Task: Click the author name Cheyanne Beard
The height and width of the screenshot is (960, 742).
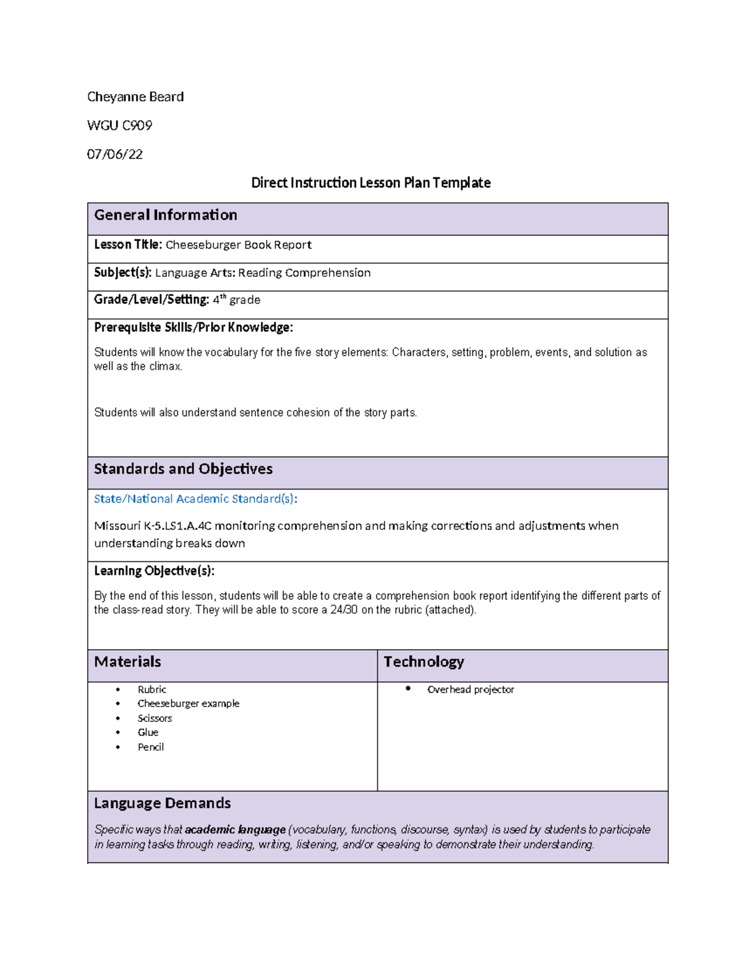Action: point(135,97)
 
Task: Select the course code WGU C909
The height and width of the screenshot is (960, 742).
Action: point(119,125)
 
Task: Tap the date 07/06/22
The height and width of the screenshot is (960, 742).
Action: point(114,155)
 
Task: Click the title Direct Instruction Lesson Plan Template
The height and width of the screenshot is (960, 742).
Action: point(370,183)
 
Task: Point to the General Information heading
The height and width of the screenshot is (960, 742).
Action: point(165,215)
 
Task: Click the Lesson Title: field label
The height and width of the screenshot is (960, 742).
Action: point(127,245)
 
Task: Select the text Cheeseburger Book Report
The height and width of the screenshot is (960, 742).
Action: point(238,245)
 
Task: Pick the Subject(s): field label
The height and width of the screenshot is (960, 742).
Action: point(122,273)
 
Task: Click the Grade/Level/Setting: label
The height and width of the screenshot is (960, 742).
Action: point(151,300)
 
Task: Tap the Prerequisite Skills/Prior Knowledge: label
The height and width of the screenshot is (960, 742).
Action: point(193,328)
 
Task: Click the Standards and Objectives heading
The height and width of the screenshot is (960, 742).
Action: point(183,469)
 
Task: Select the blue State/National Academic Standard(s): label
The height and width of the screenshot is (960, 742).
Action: point(195,499)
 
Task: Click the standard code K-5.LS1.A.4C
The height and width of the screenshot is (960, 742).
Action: point(178,526)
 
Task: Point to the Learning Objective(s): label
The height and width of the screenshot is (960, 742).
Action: point(154,571)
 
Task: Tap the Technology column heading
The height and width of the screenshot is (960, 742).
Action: point(424,662)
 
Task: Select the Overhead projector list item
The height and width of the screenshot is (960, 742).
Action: point(470,690)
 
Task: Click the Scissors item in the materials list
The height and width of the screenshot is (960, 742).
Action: point(155,718)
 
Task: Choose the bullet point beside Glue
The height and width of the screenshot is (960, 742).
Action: point(118,733)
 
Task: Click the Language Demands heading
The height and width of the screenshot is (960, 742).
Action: point(162,804)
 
